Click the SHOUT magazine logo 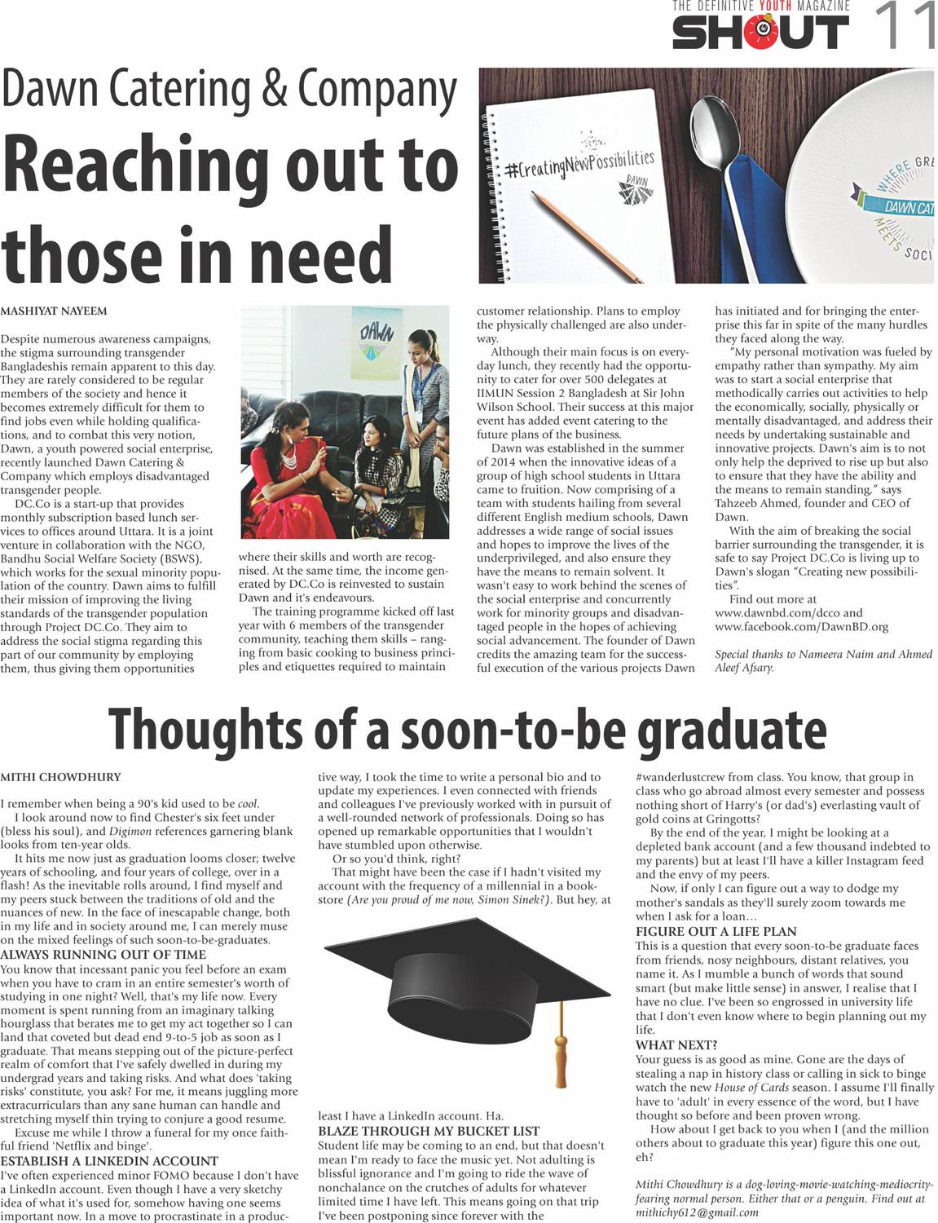pos(760,32)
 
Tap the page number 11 pos(904,25)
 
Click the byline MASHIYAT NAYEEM pos(53,311)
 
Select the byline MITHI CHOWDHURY pos(60,777)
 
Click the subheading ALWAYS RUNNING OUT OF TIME pos(103,955)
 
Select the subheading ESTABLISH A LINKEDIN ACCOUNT pos(109,1161)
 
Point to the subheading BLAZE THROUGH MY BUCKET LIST pos(429,1131)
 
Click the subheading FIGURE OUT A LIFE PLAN pos(716,931)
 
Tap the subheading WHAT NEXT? pos(676,1044)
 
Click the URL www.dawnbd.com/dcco pos(778,612)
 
